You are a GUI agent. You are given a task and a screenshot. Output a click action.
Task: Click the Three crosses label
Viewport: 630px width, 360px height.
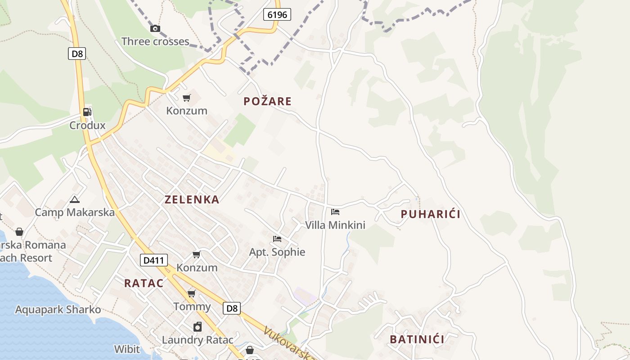coord(155,41)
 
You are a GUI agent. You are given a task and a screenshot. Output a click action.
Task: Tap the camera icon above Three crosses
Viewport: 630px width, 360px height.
coord(155,28)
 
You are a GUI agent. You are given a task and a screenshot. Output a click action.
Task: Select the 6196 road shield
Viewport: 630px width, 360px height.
coord(277,15)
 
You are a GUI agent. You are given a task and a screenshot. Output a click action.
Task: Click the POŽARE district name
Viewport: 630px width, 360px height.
coord(268,101)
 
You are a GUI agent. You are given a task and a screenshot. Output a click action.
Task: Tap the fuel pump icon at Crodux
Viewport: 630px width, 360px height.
coord(87,112)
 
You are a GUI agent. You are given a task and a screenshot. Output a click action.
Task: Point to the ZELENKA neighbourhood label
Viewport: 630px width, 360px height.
coord(192,199)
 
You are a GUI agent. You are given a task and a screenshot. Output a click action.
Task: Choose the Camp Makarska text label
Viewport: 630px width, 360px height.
coord(75,212)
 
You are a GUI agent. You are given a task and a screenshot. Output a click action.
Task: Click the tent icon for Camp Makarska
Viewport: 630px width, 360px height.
coord(75,199)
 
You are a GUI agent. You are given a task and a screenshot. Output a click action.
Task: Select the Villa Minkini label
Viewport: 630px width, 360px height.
coord(335,225)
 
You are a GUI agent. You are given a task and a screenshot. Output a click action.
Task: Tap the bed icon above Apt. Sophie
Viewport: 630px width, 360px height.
coord(277,239)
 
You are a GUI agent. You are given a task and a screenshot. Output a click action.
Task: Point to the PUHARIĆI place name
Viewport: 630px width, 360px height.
coord(431,214)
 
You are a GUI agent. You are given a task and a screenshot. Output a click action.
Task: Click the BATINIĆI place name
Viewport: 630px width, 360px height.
coord(417,339)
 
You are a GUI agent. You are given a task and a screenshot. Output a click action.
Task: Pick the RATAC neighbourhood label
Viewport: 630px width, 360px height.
coord(144,283)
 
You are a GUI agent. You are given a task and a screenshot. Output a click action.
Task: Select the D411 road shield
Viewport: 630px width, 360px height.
coord(153,260)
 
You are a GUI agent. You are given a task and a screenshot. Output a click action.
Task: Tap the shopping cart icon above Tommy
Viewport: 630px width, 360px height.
coord(192,294)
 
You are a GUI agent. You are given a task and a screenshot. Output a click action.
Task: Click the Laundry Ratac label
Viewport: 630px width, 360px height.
coord(198,340)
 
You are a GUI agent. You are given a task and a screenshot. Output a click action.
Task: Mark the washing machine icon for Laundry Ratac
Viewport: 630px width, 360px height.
coord(198,327)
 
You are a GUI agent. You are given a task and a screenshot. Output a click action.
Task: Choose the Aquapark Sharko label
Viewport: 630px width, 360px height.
coord(58,310)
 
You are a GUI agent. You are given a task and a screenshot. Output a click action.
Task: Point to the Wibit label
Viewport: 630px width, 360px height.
coord(127,349)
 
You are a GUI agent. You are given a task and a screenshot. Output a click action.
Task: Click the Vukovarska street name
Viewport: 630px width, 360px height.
coord(288,344)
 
